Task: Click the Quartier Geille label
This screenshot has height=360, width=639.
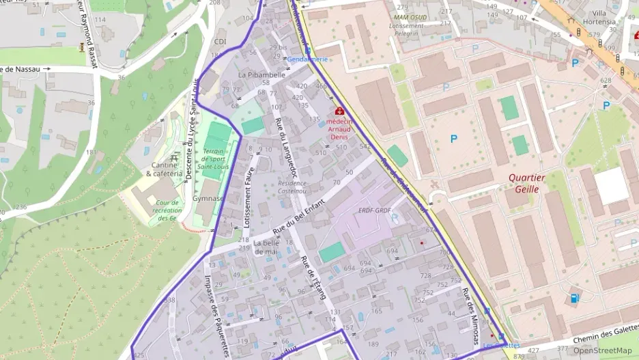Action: pos(527,183)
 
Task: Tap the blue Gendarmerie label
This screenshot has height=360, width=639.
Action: pos(307,59)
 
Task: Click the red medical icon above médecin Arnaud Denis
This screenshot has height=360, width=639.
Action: pos(339,111)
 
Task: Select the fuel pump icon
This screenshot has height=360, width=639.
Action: pos(574,298)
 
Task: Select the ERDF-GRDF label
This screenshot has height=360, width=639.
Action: pos(374,210)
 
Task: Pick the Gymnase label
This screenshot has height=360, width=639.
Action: pos(208,198)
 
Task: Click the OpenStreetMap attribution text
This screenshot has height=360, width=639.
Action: pos(602,351)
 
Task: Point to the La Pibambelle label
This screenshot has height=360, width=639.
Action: pos(261,74)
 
